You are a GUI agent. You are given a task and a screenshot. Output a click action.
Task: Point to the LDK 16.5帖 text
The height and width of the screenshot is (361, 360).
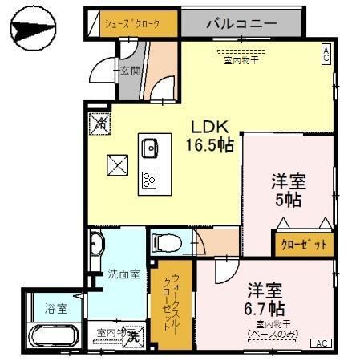coord(211,136)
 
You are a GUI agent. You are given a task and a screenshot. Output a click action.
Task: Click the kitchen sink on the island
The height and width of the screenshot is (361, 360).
coord(149,148)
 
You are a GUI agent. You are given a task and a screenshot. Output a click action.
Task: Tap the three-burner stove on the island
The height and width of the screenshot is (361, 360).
coord(150,179)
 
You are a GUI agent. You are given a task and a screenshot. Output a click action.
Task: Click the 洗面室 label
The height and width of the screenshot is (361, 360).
coord(124,274)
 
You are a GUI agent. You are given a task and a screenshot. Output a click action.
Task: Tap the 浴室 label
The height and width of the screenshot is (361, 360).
coord(55,307)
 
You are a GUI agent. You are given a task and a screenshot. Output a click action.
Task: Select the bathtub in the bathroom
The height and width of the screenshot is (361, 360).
coord(53,336)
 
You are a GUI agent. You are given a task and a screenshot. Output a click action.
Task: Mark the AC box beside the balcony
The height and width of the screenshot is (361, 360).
coord(326,54)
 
